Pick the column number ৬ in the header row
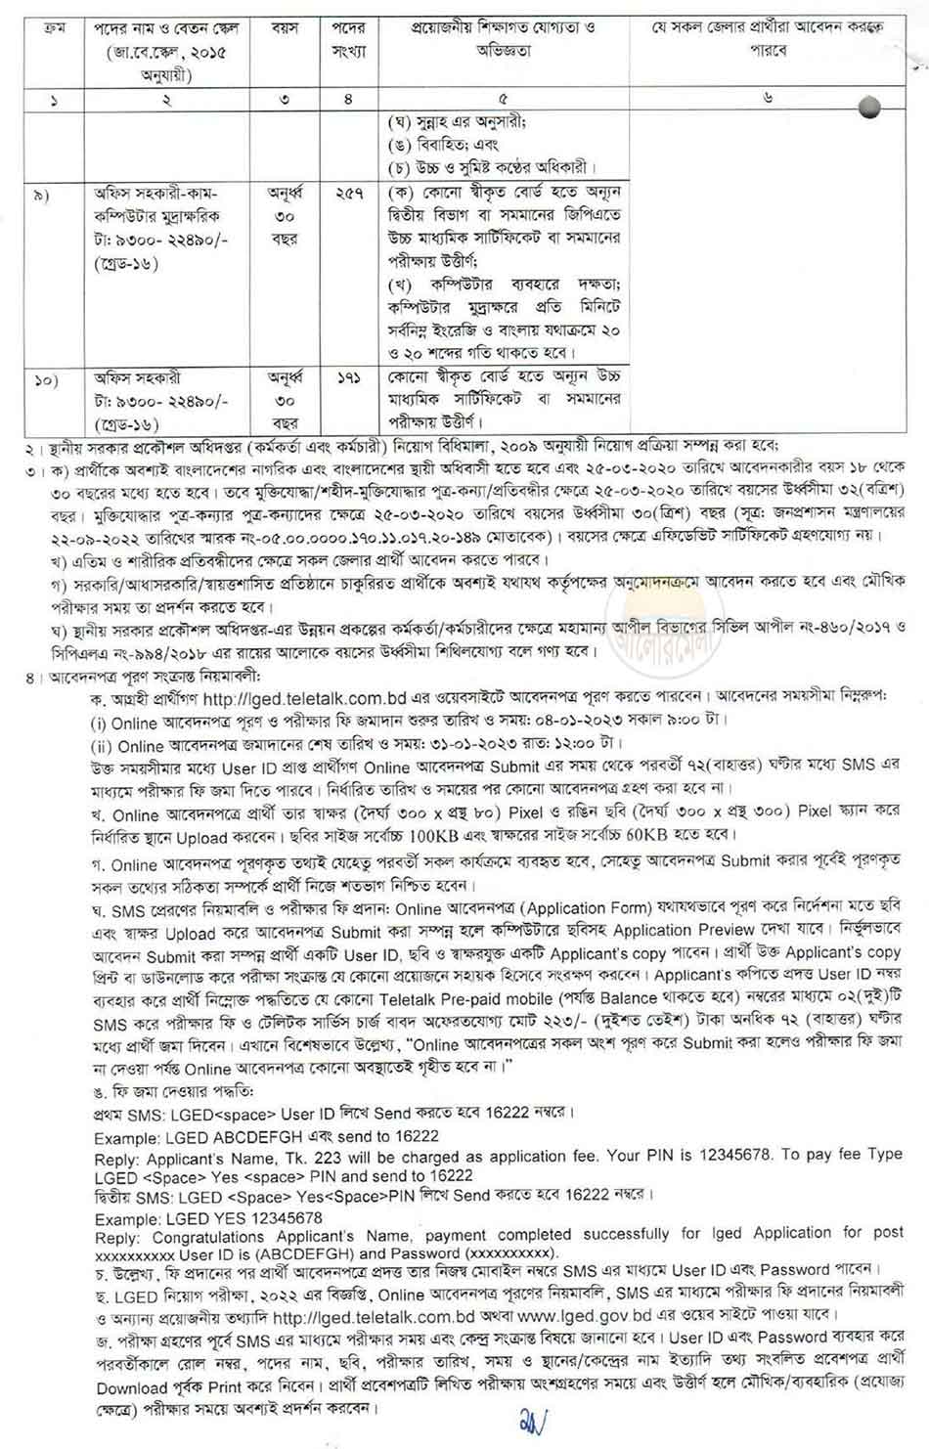coord(768,98)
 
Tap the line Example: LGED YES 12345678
coord(208,1218)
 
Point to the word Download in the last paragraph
coord(133,1386)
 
